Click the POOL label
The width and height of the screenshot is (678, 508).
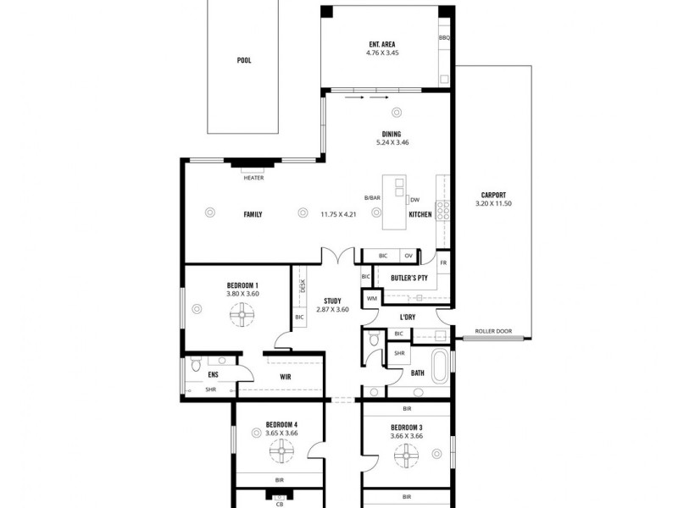coord(244,61)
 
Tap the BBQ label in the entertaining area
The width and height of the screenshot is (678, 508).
coord(444,39)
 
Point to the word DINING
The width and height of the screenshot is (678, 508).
coord(392,134)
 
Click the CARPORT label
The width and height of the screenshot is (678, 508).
coord(493,195)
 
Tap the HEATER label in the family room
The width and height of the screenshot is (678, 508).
coord(253,178)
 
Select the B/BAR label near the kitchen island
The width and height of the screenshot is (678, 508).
coord(372,198)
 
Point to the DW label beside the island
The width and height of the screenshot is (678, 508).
coord(415,200)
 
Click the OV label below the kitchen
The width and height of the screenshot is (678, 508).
coord(408,256)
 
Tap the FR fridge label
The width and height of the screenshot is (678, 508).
coord(443,263)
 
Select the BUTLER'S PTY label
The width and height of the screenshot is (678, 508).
coord(408,278)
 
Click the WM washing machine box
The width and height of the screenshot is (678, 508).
coord(371,298)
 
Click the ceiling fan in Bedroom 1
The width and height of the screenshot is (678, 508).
coord(242,317)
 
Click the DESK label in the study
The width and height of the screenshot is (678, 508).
coord(303,286)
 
